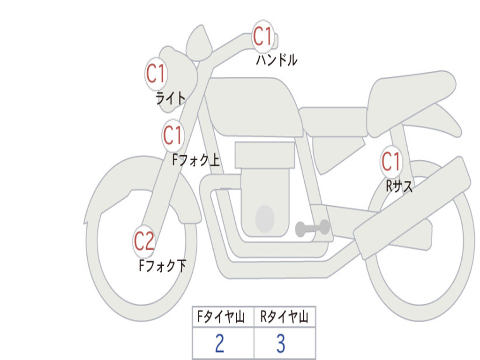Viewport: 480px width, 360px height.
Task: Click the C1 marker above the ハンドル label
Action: click(263, 37)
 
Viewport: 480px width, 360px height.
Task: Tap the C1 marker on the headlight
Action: click(156, 74)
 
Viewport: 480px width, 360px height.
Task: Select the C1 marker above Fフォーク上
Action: click(173, 135)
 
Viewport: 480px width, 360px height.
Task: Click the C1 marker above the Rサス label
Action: click(391, 161)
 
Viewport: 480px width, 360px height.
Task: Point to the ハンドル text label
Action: click(277, 60)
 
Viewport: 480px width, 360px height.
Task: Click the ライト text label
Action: click(171, 98)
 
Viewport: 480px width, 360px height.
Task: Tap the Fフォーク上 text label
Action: click(196, 160)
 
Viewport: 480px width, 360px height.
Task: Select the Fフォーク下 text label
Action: click(162, 266)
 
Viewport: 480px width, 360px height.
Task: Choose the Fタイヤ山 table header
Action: click(221, 317)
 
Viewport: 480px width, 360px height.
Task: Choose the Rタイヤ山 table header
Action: click(285, 317)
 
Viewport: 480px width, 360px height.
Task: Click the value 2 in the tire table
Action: click(220, 344)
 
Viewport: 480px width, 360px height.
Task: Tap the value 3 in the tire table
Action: click(281, 344)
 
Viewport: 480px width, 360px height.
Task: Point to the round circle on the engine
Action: click(265, 219)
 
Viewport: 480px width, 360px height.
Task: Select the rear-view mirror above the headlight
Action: click(199, 42)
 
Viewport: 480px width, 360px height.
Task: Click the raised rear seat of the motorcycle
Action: click(410, 101)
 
